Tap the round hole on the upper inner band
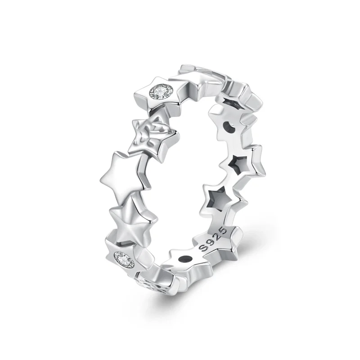point(229,127)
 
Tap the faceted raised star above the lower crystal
point(133,215)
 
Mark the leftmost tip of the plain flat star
point(100,177)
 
